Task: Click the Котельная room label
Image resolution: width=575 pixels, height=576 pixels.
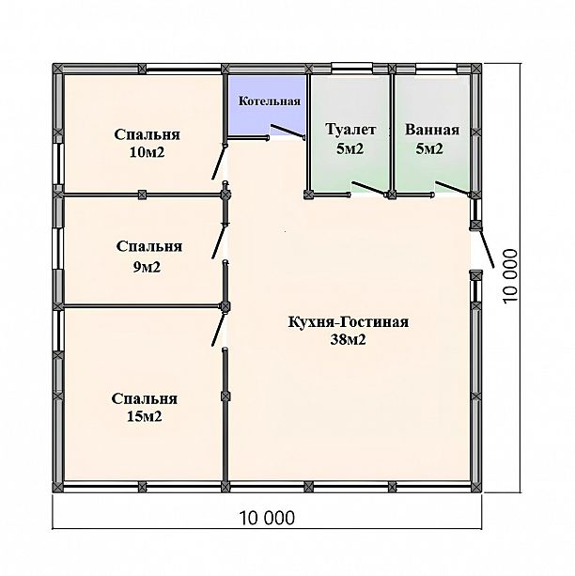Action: tap(270, 101)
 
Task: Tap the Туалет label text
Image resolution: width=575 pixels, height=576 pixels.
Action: tap(350, 130)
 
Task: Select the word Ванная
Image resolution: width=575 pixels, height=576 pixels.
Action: tap(432, 130)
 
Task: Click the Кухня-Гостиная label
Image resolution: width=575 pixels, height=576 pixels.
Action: tap(349, 321)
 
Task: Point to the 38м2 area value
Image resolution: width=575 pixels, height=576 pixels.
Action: tap(349, 340)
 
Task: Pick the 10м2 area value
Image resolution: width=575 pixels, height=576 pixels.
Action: tap(147, 152)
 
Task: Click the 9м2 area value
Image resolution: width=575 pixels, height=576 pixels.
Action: tap(147, 267)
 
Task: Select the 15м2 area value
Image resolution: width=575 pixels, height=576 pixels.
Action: tap(145, 416)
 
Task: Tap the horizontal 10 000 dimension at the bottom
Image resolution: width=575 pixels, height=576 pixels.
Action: tap(267, 518)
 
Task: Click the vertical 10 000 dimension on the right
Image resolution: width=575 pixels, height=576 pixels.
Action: tap(511, 276)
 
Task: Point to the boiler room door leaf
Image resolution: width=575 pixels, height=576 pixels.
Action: tap(287, 132)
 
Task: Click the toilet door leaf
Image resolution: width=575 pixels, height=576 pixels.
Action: tap(368, 188)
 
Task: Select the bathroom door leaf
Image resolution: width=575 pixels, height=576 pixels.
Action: tap(452, 188)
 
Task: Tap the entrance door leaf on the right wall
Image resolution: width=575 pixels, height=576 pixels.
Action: tap(486, 247)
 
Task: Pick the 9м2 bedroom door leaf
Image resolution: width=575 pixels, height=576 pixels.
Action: tap(218, 241)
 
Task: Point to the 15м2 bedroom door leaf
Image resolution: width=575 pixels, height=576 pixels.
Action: tap(218, 329)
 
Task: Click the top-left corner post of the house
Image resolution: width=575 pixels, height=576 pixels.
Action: tap(58, 69)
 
